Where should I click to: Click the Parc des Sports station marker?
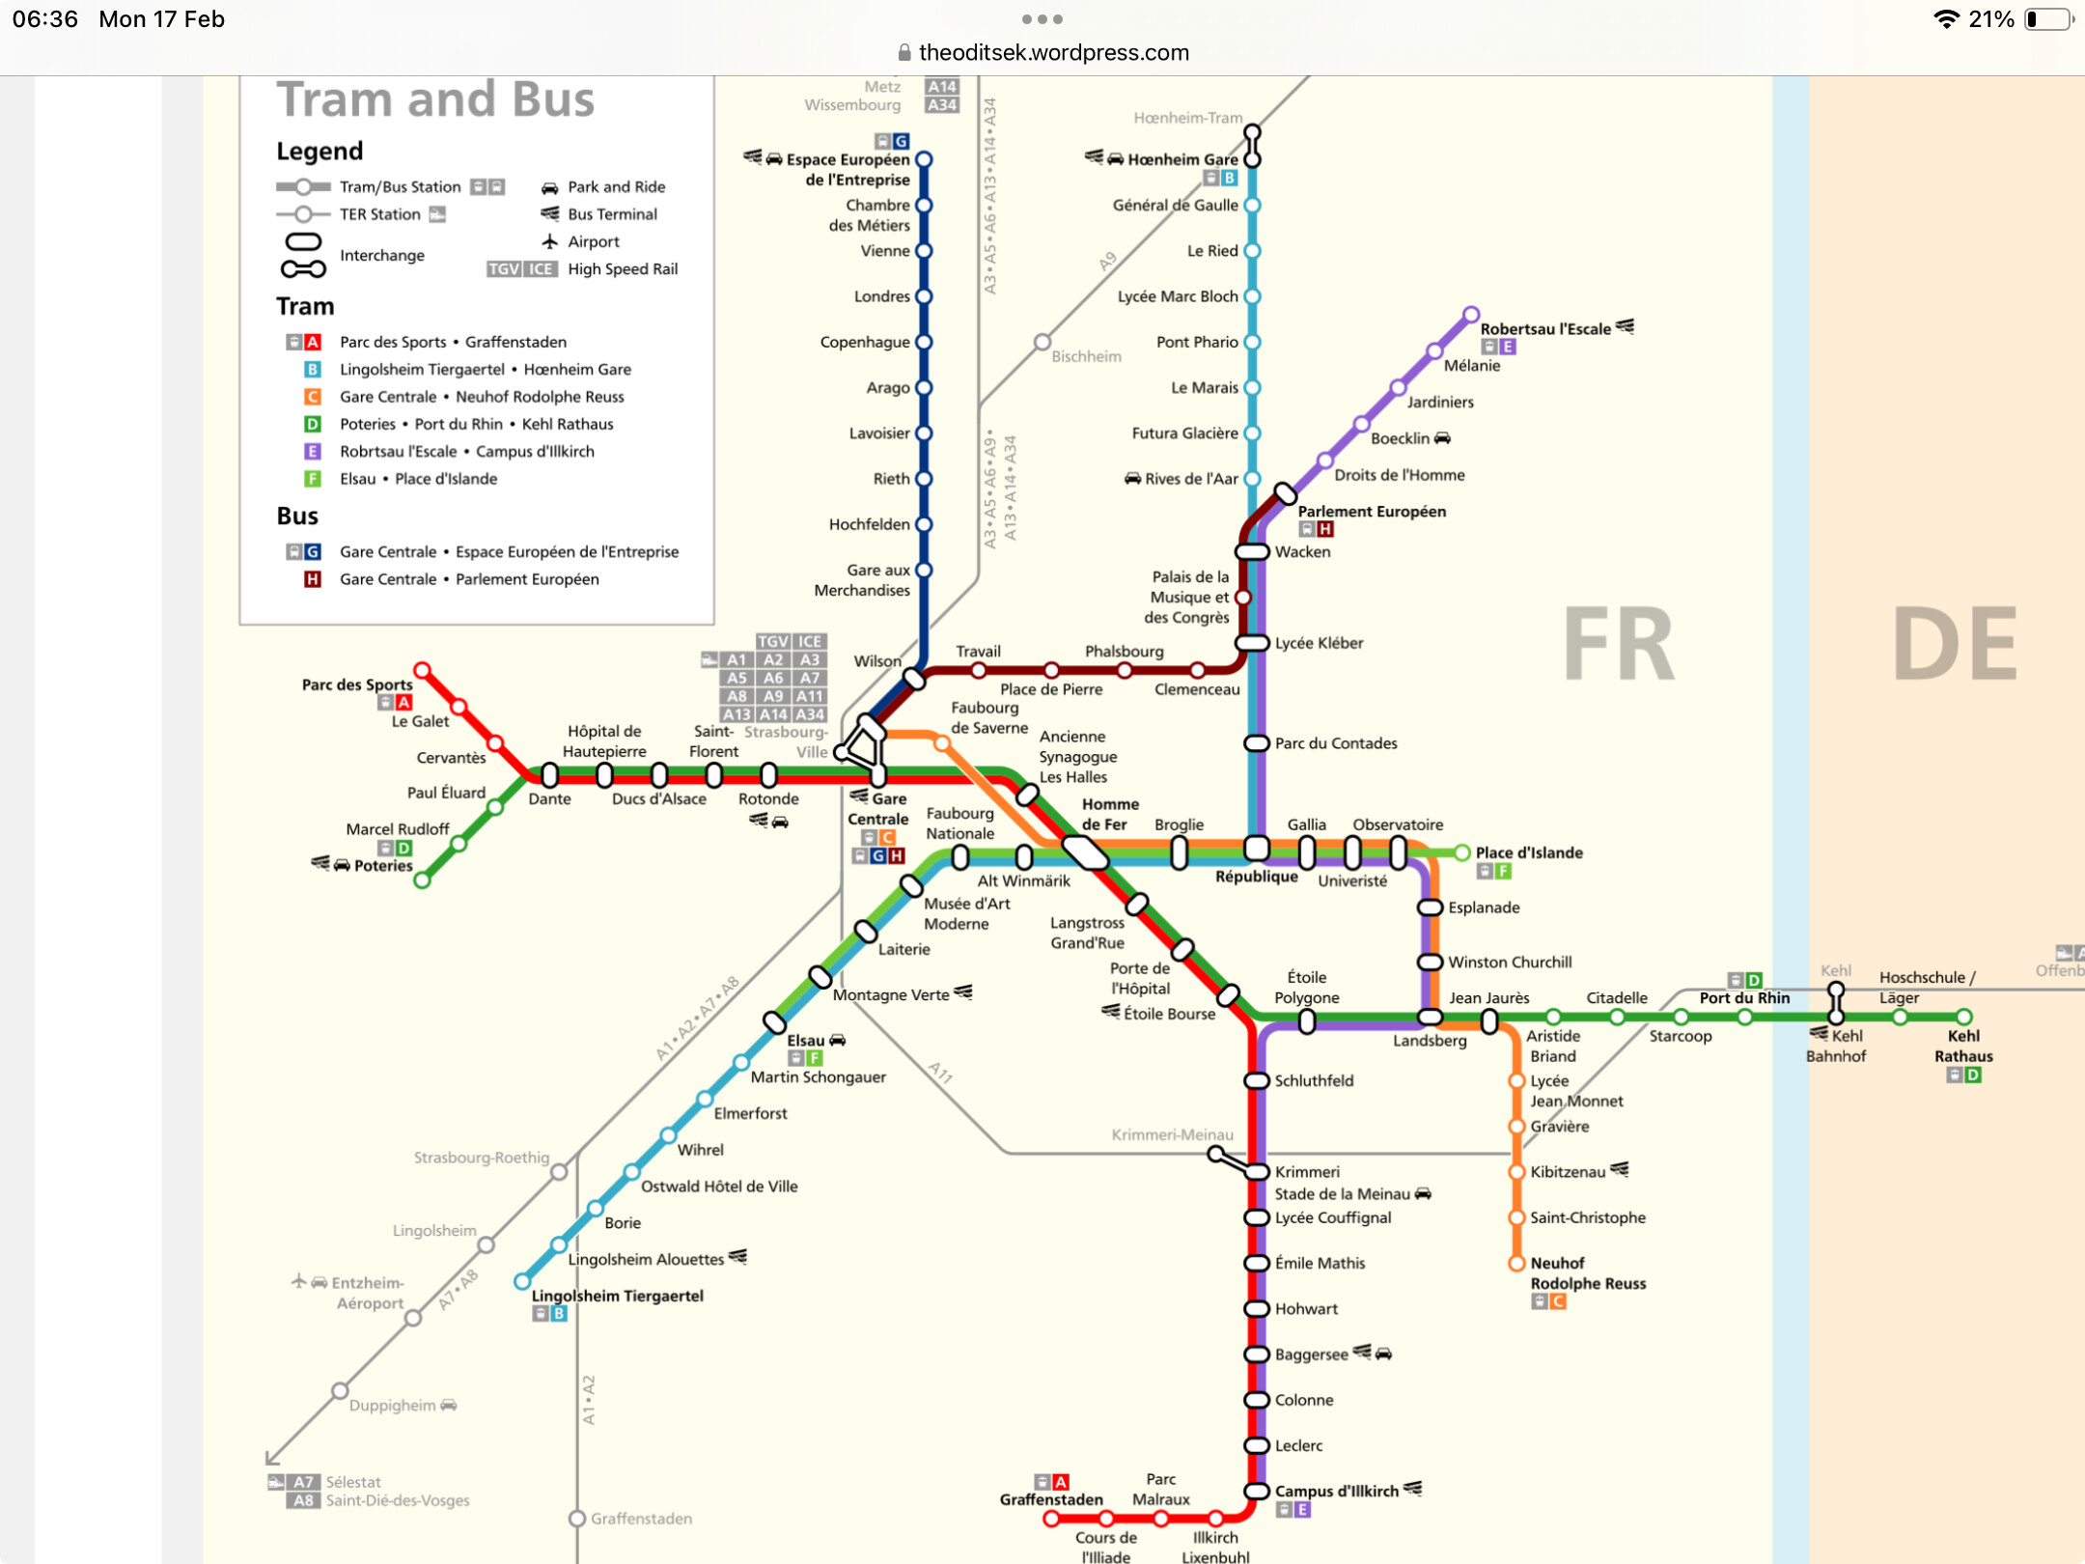click(x=422, y=670)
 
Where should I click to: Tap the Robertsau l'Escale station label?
click(x=1545, y=328)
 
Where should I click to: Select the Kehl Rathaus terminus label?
click(x=1963, y=1046)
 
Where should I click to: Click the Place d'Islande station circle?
click(x=1462, y=852)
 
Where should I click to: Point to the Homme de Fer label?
click(x=1110, y=814)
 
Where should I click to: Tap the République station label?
click(x=1256, y=877)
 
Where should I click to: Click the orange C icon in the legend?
click(x=313, y=397)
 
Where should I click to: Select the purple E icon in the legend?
click(x=313, y=451)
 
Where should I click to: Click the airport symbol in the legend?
click(x=549, y=241)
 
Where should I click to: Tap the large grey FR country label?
click(x=1618, y=644)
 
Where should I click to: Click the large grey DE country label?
click(x=1956, y=644)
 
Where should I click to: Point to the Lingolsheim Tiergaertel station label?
click(x=618, y=1296)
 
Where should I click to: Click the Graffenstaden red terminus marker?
click(x=1051, y=1519)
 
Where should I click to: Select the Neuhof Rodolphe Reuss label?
click(x=1588, y=1273)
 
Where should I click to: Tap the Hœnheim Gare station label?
click(x=1182, y=159)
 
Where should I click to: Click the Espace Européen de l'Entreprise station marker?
click(x=924, y=159)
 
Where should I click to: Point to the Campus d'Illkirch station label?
click(x=1336, y=1491)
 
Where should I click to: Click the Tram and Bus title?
click(x=435, y=98)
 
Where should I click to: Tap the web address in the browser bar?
click(x=1053, y=52)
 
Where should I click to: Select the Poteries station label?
click(x=383, y=865)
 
